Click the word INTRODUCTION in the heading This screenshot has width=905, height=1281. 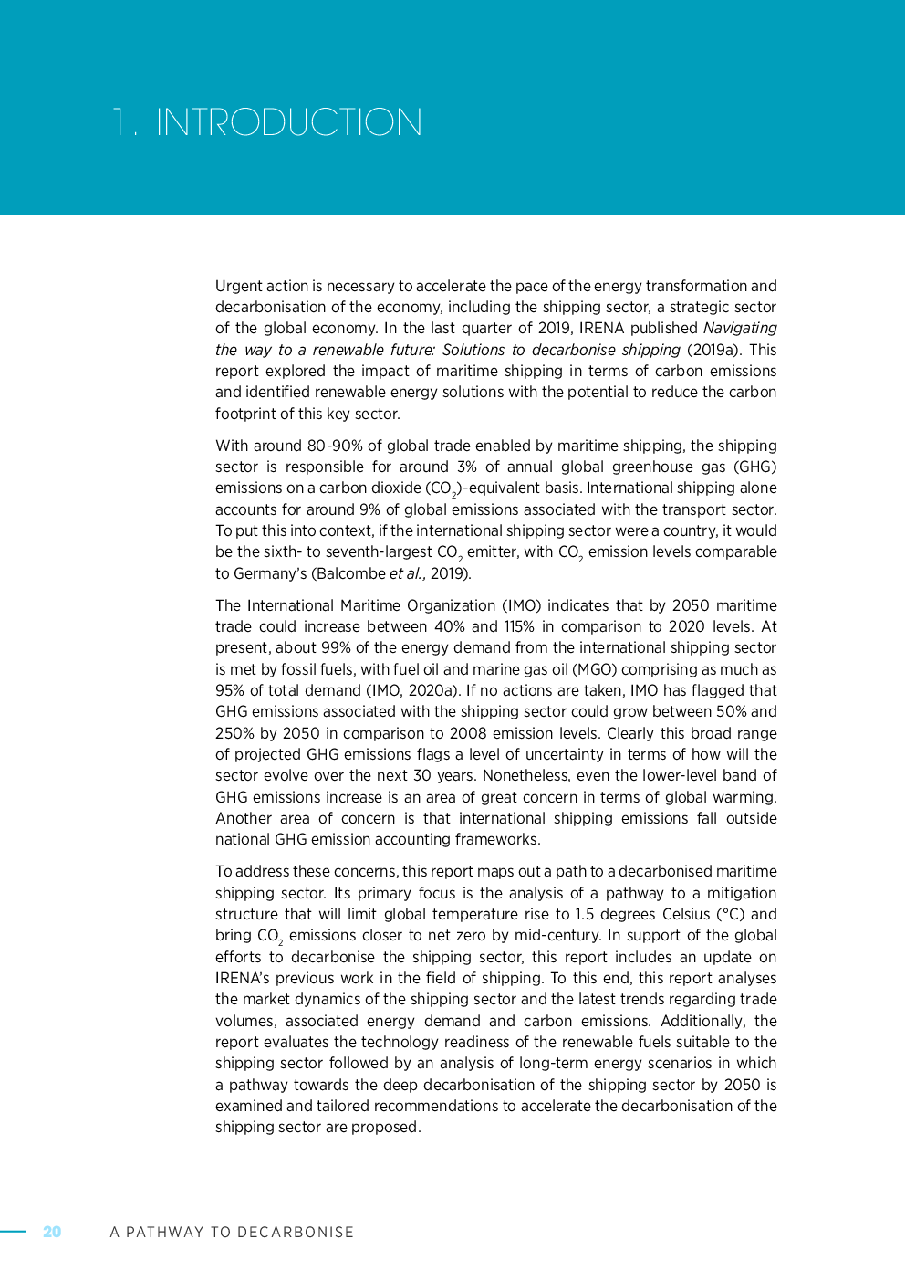[289, 122]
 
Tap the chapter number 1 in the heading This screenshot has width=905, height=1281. [119, 122]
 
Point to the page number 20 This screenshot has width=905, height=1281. [52, 1232]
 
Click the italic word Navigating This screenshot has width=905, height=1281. [740, 328]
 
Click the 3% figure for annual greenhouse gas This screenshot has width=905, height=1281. [467, 467]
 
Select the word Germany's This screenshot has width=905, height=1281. [272, 573]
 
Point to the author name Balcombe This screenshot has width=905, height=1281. [351, 573]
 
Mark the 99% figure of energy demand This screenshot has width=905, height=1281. [337, 647]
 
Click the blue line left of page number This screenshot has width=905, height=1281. [14, 1232]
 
